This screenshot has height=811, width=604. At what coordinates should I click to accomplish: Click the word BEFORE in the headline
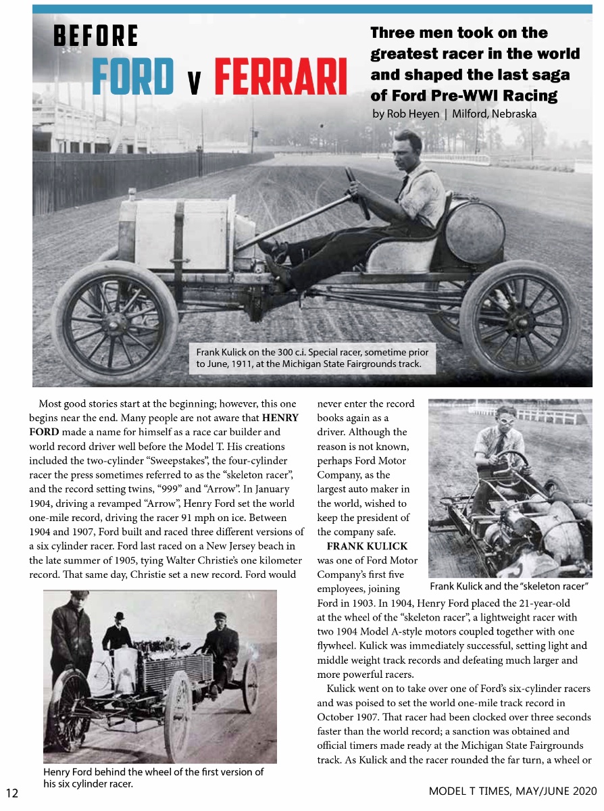[96, 36]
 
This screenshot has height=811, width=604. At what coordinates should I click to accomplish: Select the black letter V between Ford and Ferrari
[193, 82]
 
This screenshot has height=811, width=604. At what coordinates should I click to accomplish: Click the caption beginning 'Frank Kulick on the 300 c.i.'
[312, 358]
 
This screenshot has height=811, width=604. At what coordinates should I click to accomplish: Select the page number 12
[12, 792]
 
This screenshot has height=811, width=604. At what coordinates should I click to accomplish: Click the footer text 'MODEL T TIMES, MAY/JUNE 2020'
[513, 791]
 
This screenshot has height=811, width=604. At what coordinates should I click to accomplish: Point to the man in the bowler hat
[119, 632]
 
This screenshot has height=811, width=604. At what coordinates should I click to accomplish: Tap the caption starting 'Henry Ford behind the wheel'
[153, 777]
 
